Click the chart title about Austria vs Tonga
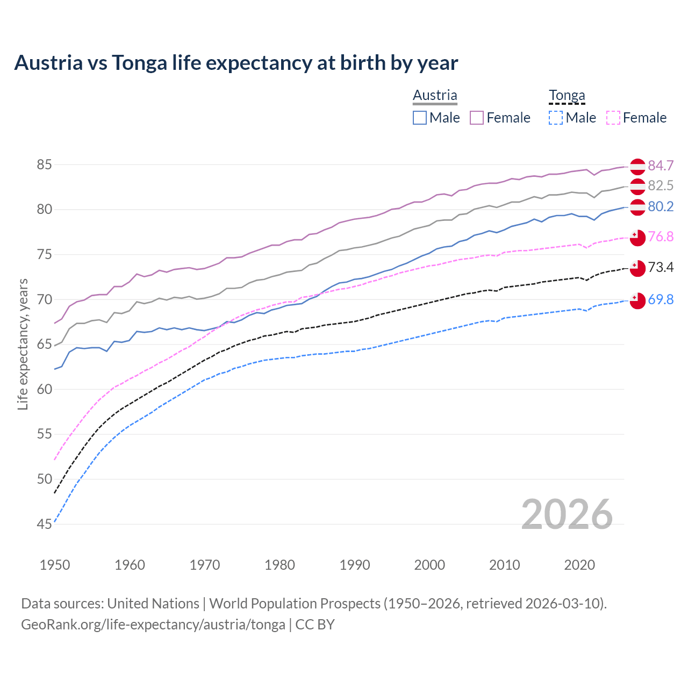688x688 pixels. [x=236, y=63]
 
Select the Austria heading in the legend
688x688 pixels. [x=435, y=95]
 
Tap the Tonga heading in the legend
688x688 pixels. [x=567, y=96]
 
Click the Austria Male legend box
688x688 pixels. [x=420, y=118]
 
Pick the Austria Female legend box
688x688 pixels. [x=477, y=118]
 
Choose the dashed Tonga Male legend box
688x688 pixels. [x=556, y=118]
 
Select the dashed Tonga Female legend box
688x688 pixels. [x=613, y=118]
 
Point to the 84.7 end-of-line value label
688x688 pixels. [x=661, y=166]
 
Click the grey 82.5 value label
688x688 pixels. [x=661, y=185]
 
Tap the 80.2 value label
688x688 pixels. [x=661, y=207]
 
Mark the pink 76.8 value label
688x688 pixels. [x=661, y=237]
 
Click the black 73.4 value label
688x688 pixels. [x=661, y=267]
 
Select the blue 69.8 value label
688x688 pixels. [x=661, y=299]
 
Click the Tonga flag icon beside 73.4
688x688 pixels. [x=637, y=268]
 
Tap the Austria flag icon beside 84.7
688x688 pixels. [x=637, y=167]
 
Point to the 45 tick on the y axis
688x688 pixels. [x=44, y=524]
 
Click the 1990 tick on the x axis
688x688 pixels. [x=355, y=565]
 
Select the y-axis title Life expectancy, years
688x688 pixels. [x=23, y=344]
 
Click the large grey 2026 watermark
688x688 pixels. [x=567, y=515]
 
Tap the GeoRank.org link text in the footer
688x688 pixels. [x=153, y=625]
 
